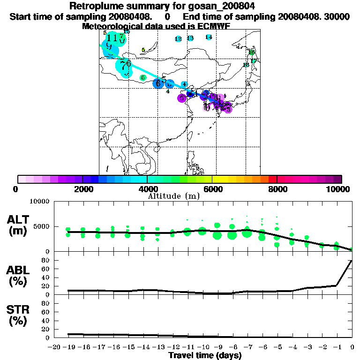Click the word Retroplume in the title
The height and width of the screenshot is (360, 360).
tap(94, 6)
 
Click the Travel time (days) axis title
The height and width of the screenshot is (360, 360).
tap(205, 355)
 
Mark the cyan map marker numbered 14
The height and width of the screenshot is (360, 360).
tap(209, 37)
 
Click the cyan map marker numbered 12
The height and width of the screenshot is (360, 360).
tap(178, 39)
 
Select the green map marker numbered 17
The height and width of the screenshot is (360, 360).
tap(254, 61)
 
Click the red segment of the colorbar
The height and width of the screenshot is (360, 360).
tap(272, 179)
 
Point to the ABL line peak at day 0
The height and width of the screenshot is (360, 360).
tap(352, 261)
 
